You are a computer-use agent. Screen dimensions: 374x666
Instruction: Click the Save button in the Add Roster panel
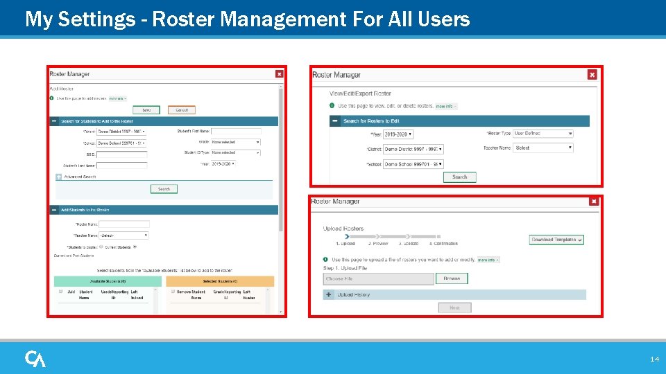click(x=146, y=109)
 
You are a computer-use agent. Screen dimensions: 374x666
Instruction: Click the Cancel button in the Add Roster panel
click(x=182, y=109)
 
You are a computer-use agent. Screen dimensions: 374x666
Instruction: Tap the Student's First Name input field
click(x=236, y=131)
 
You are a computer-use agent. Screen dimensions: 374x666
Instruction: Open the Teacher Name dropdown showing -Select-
click(x=124, y=235)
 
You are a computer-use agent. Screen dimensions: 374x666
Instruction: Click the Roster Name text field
click(x=124, y=224)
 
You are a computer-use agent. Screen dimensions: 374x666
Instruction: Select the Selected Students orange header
click(x=220, y=281)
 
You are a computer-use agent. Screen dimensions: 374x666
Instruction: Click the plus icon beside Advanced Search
click(x=58, y=177)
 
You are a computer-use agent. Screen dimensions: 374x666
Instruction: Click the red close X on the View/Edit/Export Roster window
click(x=592, y=75)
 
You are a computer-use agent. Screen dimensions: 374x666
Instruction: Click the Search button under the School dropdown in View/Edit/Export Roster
click(x=460, y=177)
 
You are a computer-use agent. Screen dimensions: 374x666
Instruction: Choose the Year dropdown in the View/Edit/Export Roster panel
click(x=399, y=134)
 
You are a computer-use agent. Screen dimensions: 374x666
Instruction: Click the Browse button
click(x=452, y=278)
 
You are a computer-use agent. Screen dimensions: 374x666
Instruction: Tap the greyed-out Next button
click(x=454, y=308)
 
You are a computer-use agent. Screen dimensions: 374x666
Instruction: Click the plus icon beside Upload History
click(x=329, y=294)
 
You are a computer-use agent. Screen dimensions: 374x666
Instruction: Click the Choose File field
click(x=379, y=278)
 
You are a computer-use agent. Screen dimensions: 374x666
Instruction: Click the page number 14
click(x=654, y=359)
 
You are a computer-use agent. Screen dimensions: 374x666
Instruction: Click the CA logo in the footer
click(x=35, y=359)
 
